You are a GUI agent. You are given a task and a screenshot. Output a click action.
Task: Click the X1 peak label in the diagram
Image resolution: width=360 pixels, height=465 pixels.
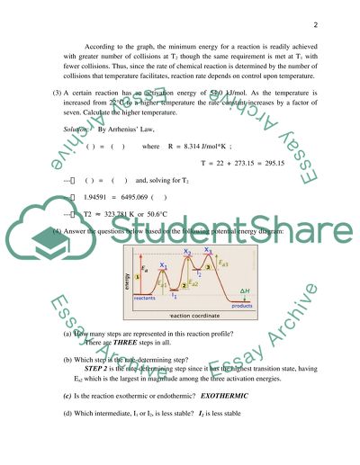(x=163, y=266)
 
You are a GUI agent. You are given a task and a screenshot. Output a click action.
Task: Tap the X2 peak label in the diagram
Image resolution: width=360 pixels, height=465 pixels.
(x=187, y=253)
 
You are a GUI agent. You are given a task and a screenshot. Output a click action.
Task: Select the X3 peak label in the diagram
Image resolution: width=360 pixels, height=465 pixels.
(x=208, y=251)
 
